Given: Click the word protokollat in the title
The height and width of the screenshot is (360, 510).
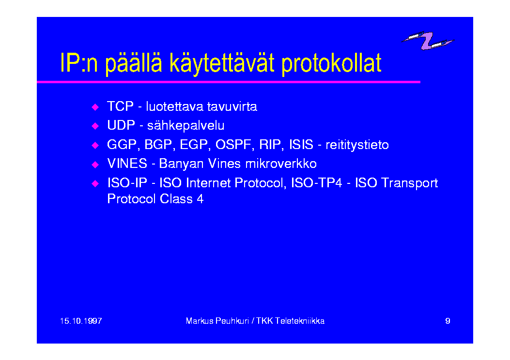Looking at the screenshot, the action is [331, 64].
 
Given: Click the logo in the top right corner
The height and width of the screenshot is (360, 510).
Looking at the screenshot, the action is [427, 40].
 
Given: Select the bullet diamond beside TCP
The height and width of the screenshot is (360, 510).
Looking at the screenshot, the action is [95, 107].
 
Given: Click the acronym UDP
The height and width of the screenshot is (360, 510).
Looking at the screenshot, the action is [121, 125].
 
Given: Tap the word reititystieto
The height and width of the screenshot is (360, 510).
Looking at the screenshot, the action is [357, 145].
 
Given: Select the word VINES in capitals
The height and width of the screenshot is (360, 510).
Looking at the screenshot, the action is [127, 164].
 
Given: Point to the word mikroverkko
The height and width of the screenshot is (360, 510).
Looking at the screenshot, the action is [281, 164].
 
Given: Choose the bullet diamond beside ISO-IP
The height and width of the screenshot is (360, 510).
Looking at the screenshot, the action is [95, 183].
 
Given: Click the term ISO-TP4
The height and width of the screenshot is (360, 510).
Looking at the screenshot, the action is [316, 183].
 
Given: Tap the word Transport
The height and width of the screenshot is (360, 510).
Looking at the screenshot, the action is [409, 183].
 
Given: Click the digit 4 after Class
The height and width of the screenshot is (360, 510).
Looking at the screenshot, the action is [200, 199].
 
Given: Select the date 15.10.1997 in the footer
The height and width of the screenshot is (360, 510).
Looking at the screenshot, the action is [81, 321].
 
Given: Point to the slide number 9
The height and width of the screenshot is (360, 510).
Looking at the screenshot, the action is [448, 321].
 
